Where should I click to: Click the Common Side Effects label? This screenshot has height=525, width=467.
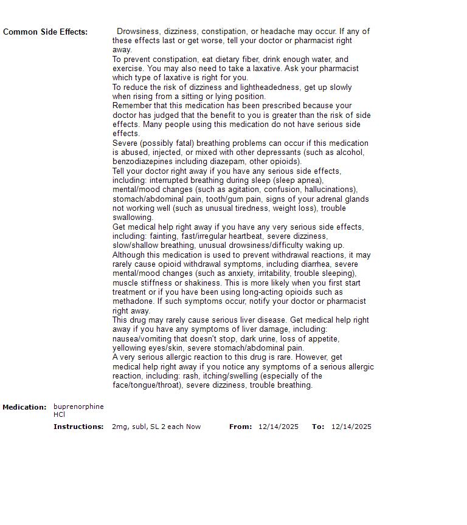(x=45, y=32)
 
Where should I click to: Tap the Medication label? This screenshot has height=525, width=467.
(x=24, y=407)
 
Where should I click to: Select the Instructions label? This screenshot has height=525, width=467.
(x=78, y=427)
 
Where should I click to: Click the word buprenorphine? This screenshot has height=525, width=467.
(x=78, y=407)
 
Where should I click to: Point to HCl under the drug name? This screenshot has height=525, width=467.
(x=59, y=414)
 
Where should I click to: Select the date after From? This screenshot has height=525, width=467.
(x=278, y=427)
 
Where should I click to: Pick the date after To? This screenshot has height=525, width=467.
(x=351, y=427)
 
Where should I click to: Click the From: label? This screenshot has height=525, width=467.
(x=240, y=427)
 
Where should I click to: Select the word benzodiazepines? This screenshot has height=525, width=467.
(x=142, y=162)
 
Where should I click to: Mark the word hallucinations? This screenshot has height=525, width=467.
(x=330, y=190)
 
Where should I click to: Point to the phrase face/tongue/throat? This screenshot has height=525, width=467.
(x=147, y=385)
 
